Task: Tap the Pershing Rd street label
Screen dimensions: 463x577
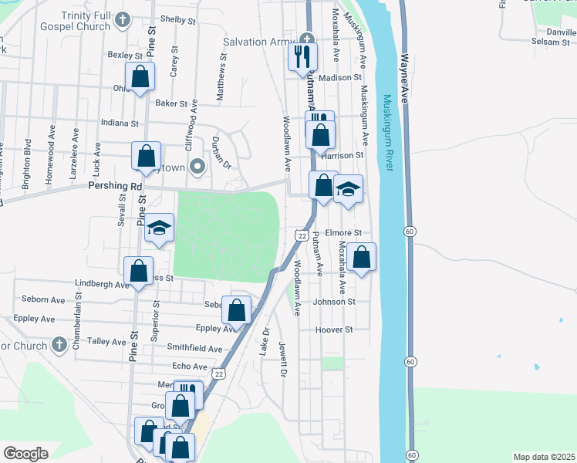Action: click(116, 186)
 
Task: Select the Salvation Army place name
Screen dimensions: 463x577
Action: click(259, 41)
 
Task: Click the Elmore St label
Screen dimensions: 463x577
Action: click(343, 232)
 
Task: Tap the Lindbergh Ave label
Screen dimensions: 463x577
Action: click(102, 284)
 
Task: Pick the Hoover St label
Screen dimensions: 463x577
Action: click(333, 330)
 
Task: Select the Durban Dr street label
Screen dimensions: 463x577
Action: click(221, 153)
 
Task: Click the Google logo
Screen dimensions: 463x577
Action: click(25, 453)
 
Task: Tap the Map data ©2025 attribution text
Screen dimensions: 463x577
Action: click(544, 457)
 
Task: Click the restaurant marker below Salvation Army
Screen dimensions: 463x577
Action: click(302, 56)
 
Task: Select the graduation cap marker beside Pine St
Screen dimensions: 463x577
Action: click(160, 228)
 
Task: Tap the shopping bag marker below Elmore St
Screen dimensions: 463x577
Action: click(361, 257)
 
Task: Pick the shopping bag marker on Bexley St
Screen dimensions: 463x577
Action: click(140, 76)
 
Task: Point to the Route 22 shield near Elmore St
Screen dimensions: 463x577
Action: click(301, 234)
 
